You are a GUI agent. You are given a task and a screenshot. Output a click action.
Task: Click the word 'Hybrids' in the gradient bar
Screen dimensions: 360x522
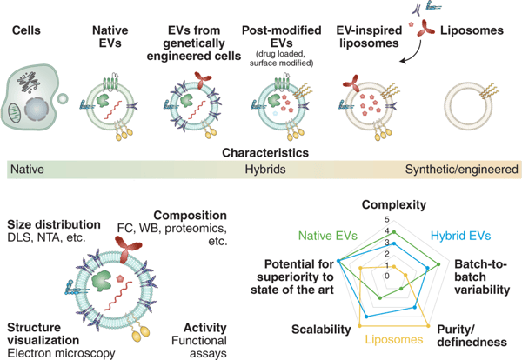[264, 170]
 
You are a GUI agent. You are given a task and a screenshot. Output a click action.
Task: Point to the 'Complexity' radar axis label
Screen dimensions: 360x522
[393, 205]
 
